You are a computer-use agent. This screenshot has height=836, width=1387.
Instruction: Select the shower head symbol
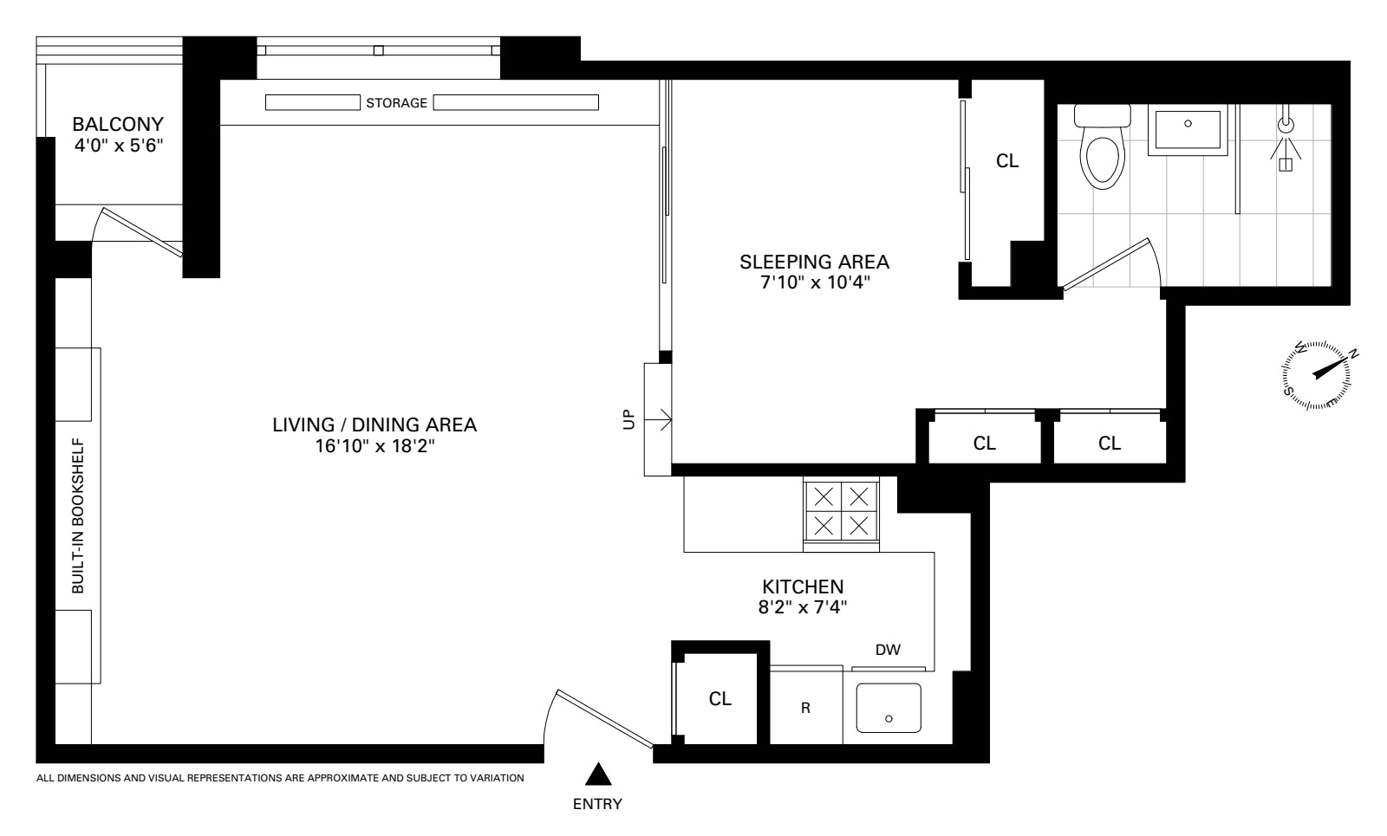(x=1286, y=126)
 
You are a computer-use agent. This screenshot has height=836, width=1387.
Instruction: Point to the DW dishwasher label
(x=888, y=649)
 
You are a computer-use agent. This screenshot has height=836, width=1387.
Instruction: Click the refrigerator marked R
(x=805, y=708)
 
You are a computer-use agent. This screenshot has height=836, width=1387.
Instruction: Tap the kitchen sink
(x=889, y=707)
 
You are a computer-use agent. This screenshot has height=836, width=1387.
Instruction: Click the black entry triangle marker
(x=596, y=774)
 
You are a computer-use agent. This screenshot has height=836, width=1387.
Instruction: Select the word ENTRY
(x=597, y=804)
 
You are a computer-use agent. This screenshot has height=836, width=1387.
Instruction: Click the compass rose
(x=1316, y=374)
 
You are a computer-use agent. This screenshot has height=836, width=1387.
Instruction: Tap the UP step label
(x=629, y=419)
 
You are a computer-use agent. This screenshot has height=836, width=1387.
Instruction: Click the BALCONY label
(x=118, y=123)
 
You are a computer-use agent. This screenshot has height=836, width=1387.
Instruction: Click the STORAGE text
(x=396, y=103)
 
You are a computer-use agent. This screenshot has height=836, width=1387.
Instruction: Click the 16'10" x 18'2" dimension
(x=374, y=447)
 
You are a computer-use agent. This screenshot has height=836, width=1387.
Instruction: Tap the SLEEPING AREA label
(x=814, y=262)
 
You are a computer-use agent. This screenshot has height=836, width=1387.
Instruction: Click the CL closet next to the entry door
(x=720, y=698)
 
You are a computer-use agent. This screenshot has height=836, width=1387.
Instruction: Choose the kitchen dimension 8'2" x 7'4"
(x=802, y=607)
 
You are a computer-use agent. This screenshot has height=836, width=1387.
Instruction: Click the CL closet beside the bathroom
(x=1007, y=161)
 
